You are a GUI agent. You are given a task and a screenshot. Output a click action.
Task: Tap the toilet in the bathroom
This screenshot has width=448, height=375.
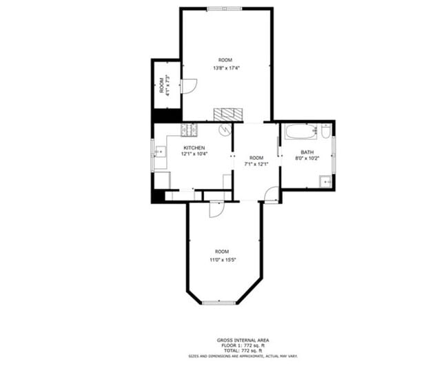tap(325, 130)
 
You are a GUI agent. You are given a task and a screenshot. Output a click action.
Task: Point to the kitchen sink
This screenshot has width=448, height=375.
tap(159, 152)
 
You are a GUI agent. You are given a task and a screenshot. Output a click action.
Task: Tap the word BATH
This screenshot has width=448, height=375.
tap(307, 152)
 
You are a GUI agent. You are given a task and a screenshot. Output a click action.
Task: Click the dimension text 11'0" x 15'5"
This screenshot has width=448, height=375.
tap(222, 259)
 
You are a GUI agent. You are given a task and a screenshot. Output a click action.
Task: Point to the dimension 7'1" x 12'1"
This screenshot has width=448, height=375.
tap(256, 164)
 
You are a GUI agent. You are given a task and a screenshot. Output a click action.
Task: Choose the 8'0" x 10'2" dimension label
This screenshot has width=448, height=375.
tap(307, 158)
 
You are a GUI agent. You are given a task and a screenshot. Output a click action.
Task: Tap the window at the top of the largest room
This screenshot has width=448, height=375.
tap(225, 8)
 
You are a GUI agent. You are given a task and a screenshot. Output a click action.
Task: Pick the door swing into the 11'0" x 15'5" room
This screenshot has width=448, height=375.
tap(216, 210)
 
